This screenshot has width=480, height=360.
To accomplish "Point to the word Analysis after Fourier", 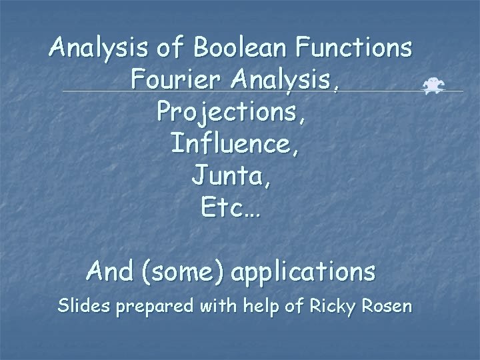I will tap(288, 81).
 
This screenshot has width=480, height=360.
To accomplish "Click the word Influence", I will tap(235, 144).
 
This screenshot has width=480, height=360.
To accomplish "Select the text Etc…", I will tap(231, 209).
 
